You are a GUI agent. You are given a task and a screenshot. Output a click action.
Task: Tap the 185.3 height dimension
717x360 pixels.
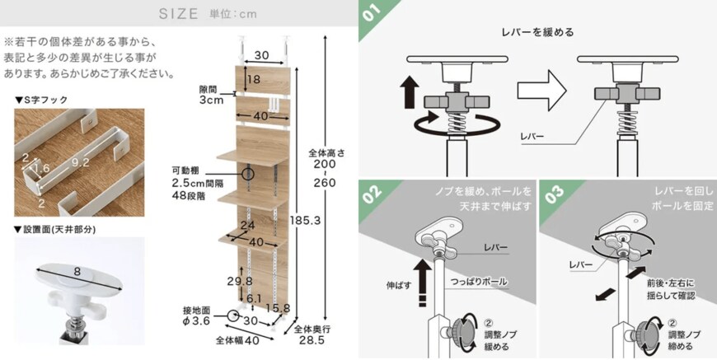[x=306, y=220]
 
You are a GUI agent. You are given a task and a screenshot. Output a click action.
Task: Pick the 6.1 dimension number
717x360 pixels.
[x=253, y=298]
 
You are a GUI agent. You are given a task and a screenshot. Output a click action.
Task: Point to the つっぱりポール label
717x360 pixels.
[x=477, y=281]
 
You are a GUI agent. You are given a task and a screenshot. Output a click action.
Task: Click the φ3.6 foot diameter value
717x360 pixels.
[x=194, y=321]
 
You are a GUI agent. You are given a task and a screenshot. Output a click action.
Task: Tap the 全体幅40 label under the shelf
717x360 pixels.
[x=239, y=339]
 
